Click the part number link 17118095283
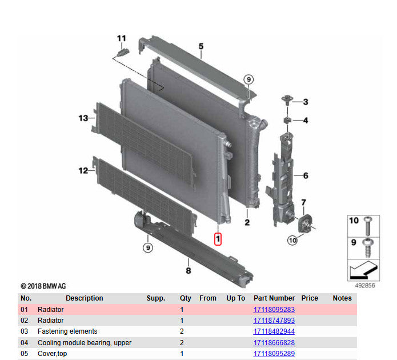tap(274, 310)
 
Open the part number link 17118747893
tap(274, 321)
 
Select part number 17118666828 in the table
tap(274, 343)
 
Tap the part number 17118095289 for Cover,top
tap(274, 354)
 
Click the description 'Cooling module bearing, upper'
tap(85, 343)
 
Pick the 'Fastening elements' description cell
tap(67, 331)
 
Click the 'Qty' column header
tap(186, 298)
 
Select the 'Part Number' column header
tap(274, 298)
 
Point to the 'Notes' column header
tap(342, 298)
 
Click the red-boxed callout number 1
tap(218, 238)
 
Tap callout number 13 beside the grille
tap(83, 118)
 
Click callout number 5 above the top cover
tap(201, 46)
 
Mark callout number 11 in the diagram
tap(121, 38)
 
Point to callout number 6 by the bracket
tap(305, 176)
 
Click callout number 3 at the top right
tap(305, 102)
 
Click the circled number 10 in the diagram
tap(292, 241)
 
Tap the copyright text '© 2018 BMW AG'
tap(43, 286)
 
